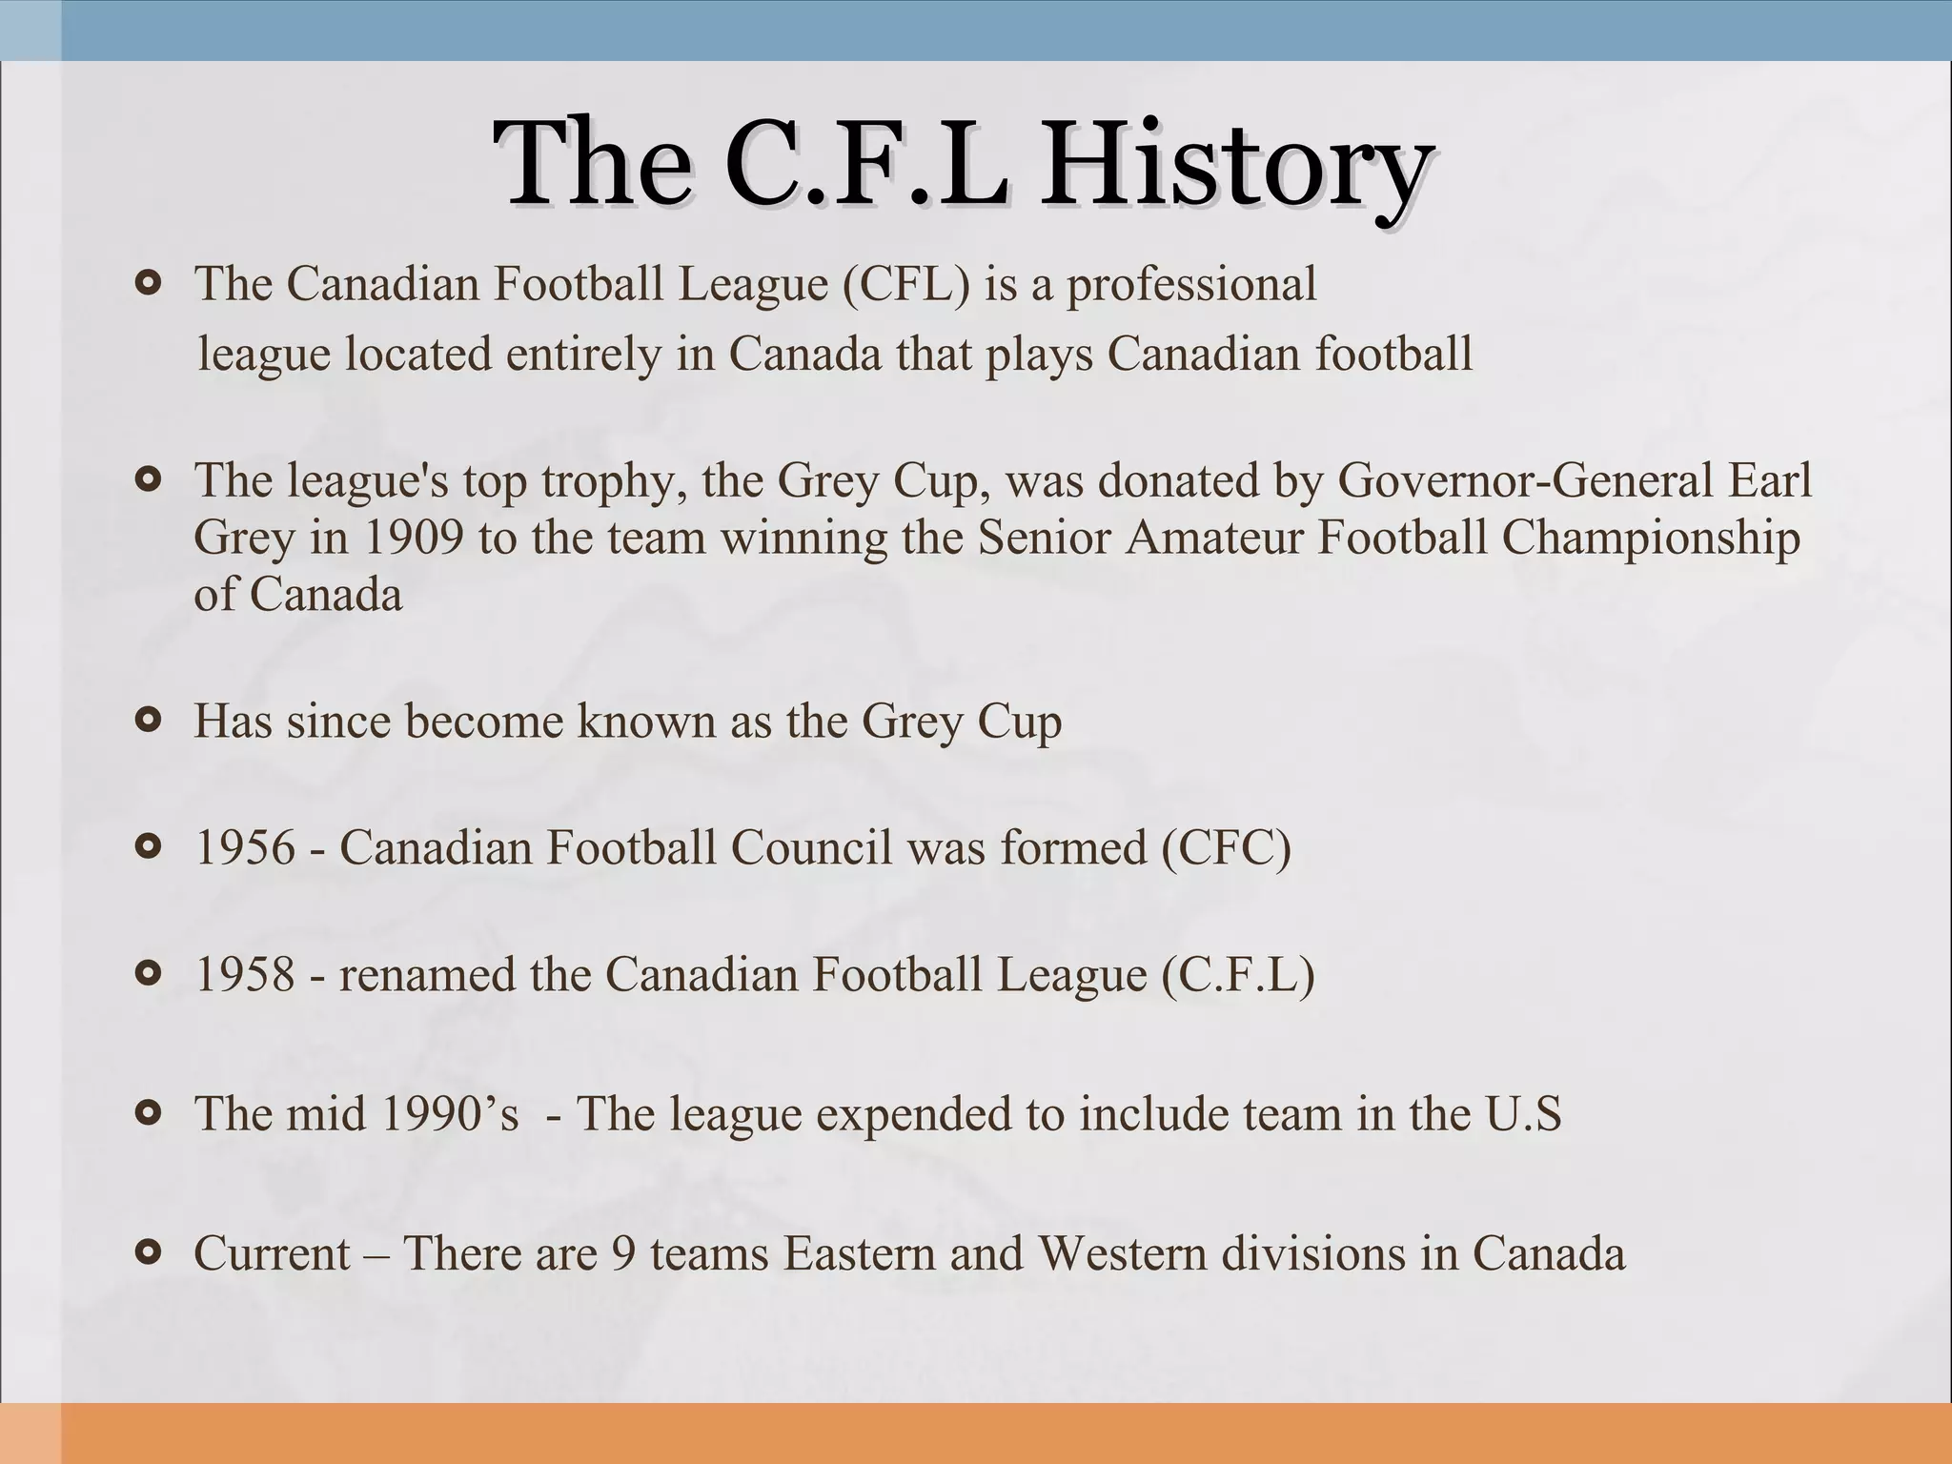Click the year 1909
(413, 538)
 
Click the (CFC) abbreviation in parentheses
(1227, 847)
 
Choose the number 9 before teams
(623, 1253)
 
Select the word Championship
(1651, 538)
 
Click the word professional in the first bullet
(1190, 284)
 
